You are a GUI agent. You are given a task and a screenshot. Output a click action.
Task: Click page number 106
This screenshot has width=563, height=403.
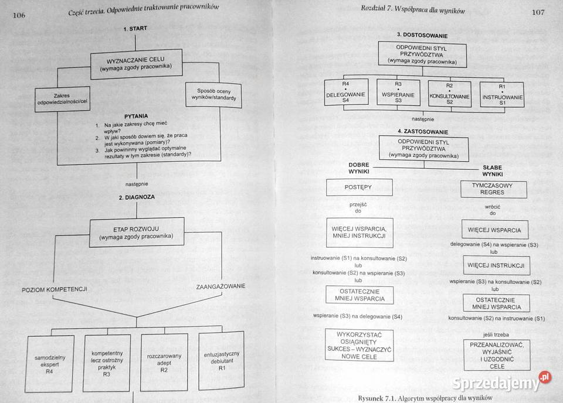18,15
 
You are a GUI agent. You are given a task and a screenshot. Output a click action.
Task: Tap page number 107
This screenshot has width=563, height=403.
538,11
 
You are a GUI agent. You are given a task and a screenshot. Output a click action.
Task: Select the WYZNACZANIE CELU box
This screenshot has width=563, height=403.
135,64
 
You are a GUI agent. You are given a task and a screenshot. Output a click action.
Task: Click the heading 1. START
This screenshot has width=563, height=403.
135,28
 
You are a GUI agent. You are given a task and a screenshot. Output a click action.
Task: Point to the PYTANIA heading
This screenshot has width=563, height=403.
136,116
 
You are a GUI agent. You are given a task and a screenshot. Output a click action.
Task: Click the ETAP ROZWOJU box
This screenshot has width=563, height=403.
135,232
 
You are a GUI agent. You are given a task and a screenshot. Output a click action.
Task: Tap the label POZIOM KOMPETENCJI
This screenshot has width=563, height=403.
55,290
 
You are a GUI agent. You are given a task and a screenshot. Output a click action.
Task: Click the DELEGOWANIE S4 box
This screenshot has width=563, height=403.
347,94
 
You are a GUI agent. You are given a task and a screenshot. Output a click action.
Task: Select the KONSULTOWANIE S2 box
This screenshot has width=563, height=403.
449,94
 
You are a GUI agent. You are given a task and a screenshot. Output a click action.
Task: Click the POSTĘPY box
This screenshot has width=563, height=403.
359,187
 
